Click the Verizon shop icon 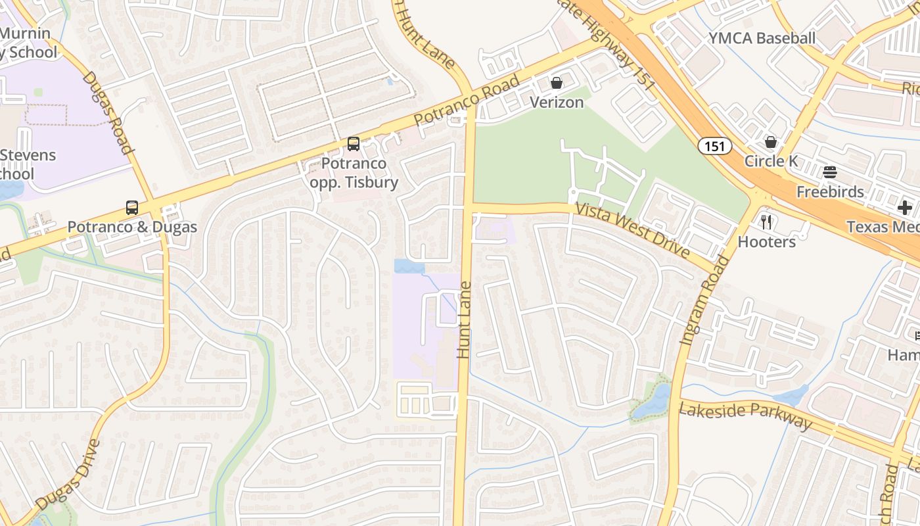pyautogui.click(x=557, y=83)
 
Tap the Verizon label pyautogui.click(x=557, y=103)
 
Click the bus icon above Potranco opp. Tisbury pyautogui.click(x=354, y=143)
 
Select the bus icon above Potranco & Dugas pyautogui.click(x=132, y=208)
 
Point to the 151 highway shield pyautogui.click(x=714, y=146)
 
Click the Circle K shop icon pyautogui.click(x=770, y=142)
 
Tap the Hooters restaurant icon pyautogui.click(x=766, y=222)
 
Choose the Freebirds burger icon pyautogui.click(x=830, y=172)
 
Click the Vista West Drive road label pyautogui.click(x=633, y=231)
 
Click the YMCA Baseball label pyautogui.click(x=762, y=38)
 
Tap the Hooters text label pyautogui.click(x=766, y=242)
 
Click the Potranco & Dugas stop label pyautogui.click(x=132, y=227)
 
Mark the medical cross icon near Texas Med pyautogui.click(x=905, y=208)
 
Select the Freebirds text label pyautogui.click(x=830, y=192)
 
